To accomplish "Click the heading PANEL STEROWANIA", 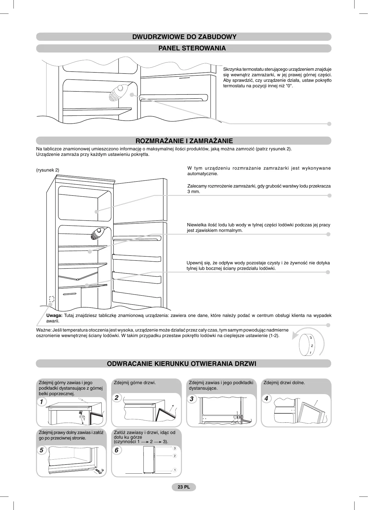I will tap(192, 48).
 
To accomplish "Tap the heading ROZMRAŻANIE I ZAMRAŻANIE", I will tap(184, 141).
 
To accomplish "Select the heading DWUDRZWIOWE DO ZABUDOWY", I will tap(184, 37).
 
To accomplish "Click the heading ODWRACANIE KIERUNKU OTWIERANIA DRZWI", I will tap(181, 364).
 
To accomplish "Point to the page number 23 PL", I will tap(184, 487).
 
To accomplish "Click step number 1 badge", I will tap(41, 402).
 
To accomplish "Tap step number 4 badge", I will tap(266, 398).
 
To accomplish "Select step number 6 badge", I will tap(117, 450).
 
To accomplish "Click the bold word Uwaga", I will tap(54, 316).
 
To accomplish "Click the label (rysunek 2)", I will tap(48, 170).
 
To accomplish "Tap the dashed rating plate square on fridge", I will tap(51, 299).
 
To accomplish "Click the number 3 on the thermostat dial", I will tap(311, 338).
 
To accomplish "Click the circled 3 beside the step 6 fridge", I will tap(175, 449).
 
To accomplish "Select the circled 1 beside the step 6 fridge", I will tap(175, 470).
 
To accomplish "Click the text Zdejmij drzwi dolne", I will tap(284, 382).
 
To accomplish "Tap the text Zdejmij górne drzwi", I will tap(135, 382).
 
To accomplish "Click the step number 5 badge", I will tap(41, 450).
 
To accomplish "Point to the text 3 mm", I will tap(193, 192).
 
